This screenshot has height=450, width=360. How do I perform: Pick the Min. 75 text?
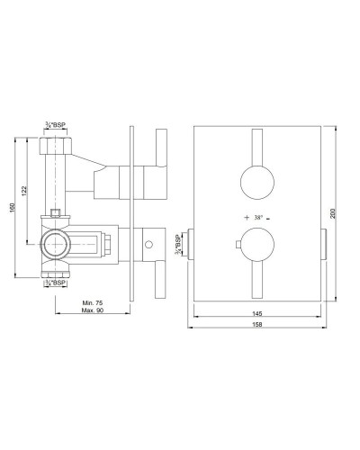[x=93, y=304]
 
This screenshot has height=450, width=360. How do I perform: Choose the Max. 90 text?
[x=93, y=312]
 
